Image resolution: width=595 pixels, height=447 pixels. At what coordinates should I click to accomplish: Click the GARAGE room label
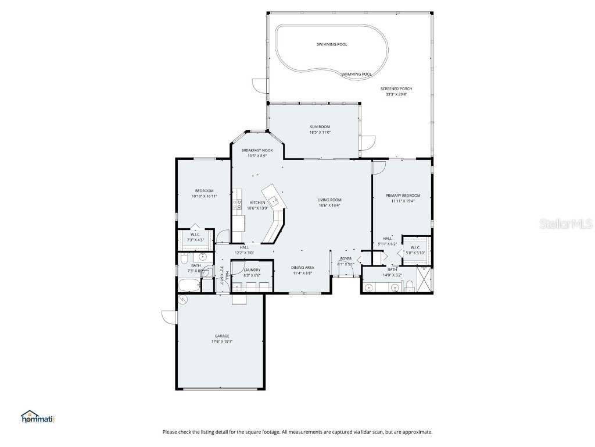click(x=222, y=336)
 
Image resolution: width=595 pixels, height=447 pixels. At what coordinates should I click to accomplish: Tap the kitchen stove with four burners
click(x=238, y=204)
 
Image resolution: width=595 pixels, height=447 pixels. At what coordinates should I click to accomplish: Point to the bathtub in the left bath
click(x=188, y=285)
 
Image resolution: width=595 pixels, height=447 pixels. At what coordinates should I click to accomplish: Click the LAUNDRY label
click(x=252, y=270)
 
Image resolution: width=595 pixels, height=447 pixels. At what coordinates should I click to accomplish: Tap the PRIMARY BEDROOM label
click(x=403, y=196)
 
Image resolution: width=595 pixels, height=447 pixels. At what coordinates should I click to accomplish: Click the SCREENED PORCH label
click(x=396, y=88)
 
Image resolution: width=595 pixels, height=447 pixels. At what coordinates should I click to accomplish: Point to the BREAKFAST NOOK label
click(x=257, y=150)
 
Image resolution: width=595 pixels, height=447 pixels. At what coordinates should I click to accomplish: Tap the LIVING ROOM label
click(x=329, y=200)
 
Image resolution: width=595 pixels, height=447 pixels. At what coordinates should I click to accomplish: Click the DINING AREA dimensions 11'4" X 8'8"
click(x=302, y=272)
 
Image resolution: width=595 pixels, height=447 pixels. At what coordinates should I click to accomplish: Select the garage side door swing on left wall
click(x=169, y=318)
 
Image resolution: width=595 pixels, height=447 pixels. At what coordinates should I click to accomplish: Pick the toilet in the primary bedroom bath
click(x=409, y=285)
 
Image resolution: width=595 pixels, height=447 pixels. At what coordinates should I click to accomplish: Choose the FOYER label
click(x=346, y=258)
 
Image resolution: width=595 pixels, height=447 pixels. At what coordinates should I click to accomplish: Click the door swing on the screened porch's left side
click(x=259, y=85)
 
